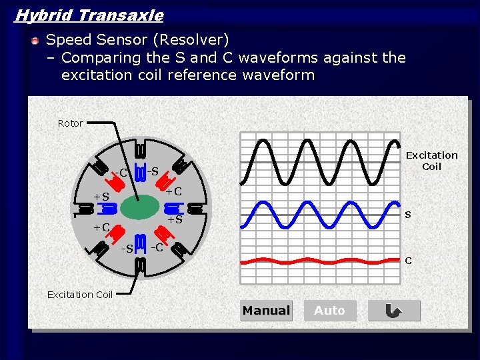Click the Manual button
coord(266,311)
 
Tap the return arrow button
coord(394,311)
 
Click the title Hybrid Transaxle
coord(89,15)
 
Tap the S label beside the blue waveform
coord(408,215)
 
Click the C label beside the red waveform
coord(408,261)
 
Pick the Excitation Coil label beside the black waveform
coord(431,161)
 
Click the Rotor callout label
coord(71,123)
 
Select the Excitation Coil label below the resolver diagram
coord(80,295)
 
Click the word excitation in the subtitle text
coord(96,75)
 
